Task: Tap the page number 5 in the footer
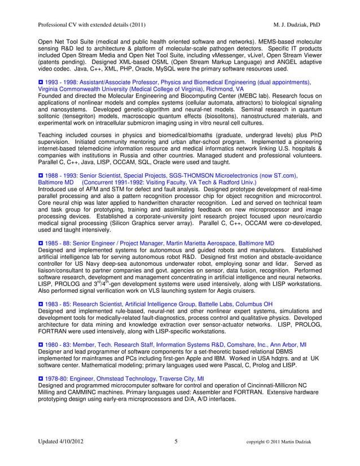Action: pyautogui.click(x=177, y=441)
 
